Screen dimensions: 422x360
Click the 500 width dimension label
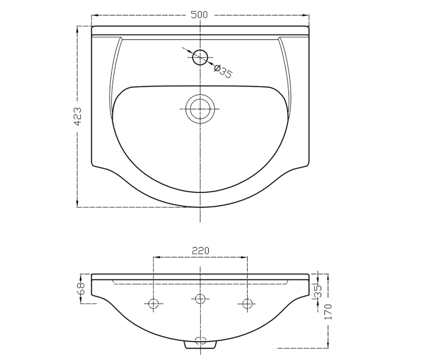[199, 15]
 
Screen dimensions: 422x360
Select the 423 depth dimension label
[77, 116]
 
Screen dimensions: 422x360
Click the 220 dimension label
[200, 251]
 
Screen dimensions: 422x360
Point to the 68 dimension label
[81, 289]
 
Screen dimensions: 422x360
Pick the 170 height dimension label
[328, 312]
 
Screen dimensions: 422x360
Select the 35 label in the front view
[318, 291]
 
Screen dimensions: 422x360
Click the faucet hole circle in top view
[200, 57]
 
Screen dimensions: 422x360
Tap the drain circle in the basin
[200, 109]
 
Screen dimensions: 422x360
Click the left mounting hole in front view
[153, 304]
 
